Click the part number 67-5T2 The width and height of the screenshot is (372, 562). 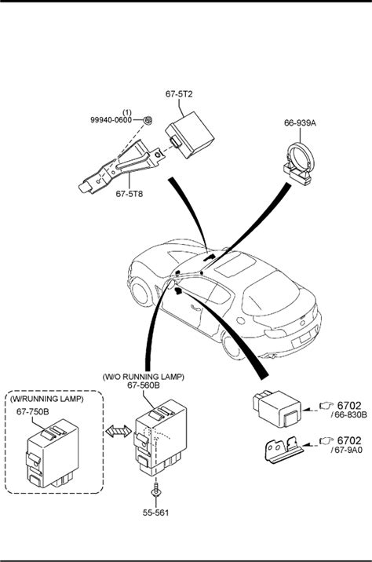179,94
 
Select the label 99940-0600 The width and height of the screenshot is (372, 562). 111,120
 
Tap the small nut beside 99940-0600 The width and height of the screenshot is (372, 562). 148,120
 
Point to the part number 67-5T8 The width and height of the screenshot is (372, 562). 129,194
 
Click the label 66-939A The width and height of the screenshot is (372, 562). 300,123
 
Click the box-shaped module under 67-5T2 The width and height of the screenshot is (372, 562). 190,135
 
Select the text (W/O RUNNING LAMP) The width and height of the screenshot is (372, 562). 143,377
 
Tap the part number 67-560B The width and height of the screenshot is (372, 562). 144,385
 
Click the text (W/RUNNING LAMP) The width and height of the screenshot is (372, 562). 46,399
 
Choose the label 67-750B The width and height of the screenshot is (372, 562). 33,411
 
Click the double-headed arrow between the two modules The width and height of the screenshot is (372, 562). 119,431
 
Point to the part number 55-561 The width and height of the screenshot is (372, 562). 155,513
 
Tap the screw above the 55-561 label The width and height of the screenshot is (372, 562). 156,489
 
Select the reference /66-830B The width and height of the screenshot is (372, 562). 349,415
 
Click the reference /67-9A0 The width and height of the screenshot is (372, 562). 346,450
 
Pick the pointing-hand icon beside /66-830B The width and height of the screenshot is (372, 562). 326,405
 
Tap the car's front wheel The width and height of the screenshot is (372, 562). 140,293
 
